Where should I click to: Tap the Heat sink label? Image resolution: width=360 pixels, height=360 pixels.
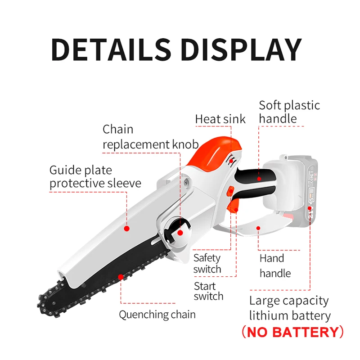(x=220, y=119)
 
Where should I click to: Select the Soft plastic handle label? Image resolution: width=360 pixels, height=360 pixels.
(x=289, y=112)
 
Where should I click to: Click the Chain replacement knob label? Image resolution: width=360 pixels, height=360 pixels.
(x=150, y=137)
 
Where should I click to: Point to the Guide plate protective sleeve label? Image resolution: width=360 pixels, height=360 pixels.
(x=95, y=177)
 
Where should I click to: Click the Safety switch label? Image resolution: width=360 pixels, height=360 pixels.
(x=207, y=264)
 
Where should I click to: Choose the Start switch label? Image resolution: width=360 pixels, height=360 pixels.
(x=208, y=291)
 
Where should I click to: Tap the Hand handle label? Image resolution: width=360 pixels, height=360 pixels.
(x=274, y=265)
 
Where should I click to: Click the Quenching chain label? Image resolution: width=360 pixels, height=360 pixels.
(x=157, y=314)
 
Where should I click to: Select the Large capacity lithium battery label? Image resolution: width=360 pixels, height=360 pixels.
(x=290, y=308)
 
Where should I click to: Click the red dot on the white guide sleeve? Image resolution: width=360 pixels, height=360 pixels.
(x=126, y=229)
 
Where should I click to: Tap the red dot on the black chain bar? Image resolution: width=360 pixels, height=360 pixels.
(x=120, y=277)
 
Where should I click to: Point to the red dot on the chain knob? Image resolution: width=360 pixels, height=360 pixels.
(x=180, y=233)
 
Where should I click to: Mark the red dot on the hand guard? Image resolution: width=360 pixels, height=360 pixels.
(x=258, y=229)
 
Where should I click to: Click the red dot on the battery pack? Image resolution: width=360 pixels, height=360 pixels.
(x=310, y=208)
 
